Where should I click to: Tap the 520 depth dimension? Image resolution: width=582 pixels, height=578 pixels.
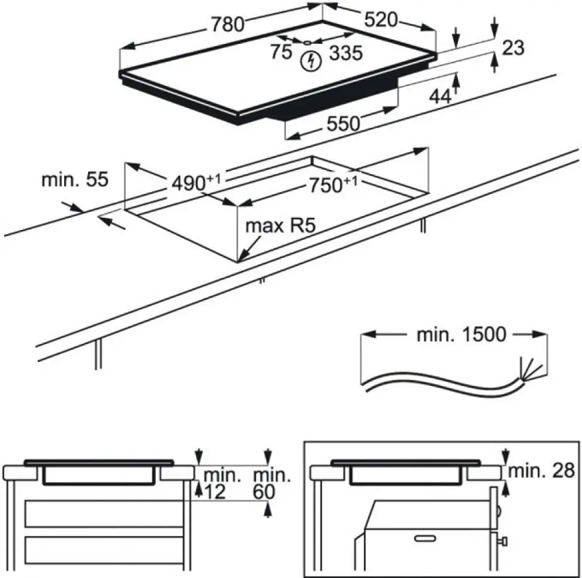click(x=381, y=20)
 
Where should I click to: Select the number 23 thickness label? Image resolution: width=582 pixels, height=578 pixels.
click(x=512, y=47)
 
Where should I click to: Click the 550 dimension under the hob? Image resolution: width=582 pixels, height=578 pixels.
click(x=343, y=124)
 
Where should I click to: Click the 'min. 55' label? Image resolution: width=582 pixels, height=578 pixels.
click(x=75, y=179)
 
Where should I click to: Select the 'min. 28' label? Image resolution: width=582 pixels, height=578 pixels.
click(x=541, y=470)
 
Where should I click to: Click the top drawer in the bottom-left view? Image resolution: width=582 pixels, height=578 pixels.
click(x=104, y=514)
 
